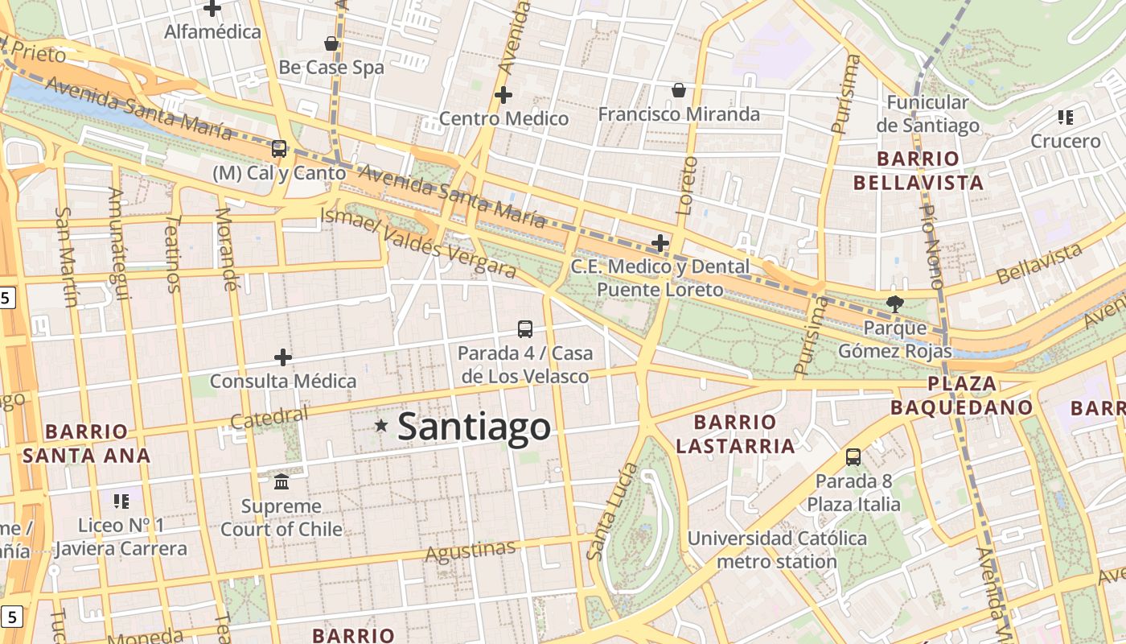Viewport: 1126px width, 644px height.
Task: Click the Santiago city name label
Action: [474, 427]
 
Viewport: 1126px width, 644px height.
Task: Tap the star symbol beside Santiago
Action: [380, 425]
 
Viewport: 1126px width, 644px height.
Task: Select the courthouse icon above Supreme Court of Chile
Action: [281, 481]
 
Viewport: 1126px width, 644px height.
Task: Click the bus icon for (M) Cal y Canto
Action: [279, 148]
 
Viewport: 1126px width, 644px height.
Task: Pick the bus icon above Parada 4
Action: [524, 328]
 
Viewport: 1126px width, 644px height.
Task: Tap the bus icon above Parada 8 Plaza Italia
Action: [853, 457]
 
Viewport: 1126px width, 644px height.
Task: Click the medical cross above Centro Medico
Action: [503, 95]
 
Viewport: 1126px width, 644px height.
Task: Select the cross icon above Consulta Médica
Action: [283, 357]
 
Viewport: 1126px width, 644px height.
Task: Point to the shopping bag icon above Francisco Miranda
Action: [679, 89]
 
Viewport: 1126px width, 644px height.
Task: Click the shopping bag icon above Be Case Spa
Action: [331, 43]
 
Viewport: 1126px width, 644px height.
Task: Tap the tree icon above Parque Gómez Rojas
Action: [894, 303]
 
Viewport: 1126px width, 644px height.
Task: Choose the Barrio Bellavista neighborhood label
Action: [918, 170]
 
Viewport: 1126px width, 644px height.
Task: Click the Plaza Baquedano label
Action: [961, 395]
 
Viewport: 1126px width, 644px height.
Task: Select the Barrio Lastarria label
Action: [735, 434]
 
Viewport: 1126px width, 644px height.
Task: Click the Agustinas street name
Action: [470, 552]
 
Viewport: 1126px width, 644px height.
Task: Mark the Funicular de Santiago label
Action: [927, 114]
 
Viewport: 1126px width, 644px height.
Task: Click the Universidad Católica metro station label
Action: [777, 550]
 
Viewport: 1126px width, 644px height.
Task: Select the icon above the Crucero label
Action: [1066, 118]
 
